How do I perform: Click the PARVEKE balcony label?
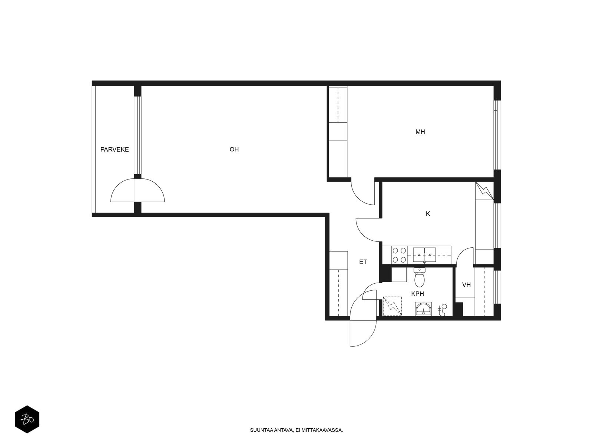point(115,149)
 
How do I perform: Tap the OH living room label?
point(234,149)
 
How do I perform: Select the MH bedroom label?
point(420,132)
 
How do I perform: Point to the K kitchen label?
point(428,214)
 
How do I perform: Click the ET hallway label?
point(363,262)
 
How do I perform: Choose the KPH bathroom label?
point(417,294)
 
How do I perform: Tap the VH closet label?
point(466,284)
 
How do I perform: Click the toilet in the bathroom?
point(419,277)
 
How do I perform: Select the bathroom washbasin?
point(423,309)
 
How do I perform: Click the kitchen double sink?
point(424,255)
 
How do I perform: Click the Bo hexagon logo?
point(27,419)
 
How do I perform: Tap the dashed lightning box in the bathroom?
point(392,306)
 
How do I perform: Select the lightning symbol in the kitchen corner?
point(484,191)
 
